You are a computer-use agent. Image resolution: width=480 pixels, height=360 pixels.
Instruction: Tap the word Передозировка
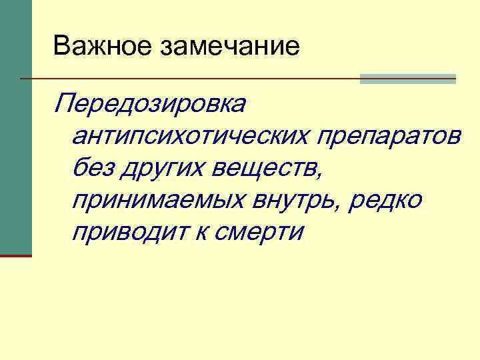pos(152,105)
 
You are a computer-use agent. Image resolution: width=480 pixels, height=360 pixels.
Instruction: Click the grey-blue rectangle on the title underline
pos(408,79)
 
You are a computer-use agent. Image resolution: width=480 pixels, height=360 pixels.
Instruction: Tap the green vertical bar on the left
pos(15,127)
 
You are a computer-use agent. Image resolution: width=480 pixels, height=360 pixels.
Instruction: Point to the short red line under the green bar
pos(15,255)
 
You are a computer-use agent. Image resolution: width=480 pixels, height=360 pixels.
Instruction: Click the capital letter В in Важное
pos(61,46)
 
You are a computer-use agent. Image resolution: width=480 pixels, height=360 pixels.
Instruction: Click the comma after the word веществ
pos(323,175)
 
